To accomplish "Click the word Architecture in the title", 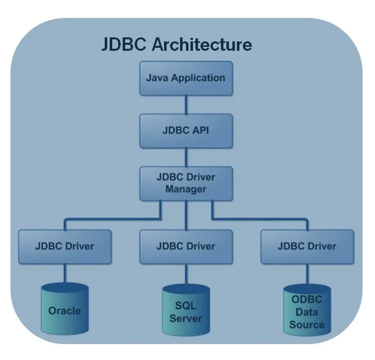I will (202, 44).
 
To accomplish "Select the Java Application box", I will (186, 78).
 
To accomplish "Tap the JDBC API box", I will (186, 130).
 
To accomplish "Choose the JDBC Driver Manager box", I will (186, 183).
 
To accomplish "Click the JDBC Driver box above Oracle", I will (65, 246).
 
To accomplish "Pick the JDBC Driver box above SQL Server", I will (186, 246).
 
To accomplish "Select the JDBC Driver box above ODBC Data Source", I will (307, 246).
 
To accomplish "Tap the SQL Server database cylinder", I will (186, 311).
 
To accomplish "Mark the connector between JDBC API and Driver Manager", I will (186, 157).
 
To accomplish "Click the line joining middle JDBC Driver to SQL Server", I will (186, 274).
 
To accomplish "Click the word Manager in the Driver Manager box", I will (186, 189).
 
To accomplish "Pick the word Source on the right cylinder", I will (307, 325).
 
